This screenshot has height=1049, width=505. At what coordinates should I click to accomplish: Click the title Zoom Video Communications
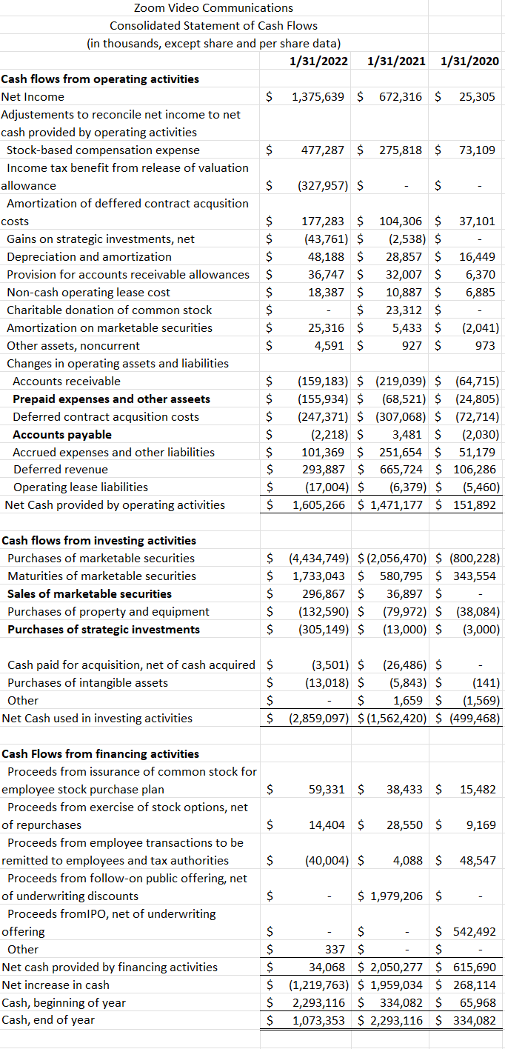pyautogui.click(x=213, y=8)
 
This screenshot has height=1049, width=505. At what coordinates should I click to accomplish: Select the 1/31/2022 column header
pyautogui.click(x=319, y=61)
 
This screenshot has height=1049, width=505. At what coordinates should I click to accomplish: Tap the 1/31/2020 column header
pyautogui.click(x=469, y=61)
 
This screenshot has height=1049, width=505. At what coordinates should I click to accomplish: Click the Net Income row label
pyautogui.click(x=33, y=97)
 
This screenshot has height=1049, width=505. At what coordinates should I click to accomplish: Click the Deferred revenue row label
pyautogui.click(x=60, y=470)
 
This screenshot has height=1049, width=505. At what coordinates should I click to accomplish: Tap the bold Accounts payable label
pyautogui.click(x=62, y=434)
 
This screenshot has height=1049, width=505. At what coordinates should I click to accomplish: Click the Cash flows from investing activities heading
pyautogui.click(x=99, y=541)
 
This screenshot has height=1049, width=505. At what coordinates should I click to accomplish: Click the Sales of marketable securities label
pyautogui.click(x=90, y=594)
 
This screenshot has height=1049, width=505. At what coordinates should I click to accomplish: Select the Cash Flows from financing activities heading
pyautogui.click(x=101, y=754)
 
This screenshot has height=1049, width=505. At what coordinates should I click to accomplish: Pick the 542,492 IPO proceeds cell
pyautogui.click(x=474, y=932)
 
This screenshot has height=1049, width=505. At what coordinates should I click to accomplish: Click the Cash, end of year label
pyautogui.click(x=48, y=1021)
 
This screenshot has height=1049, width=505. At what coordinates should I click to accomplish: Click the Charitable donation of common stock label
pyautogui.click(x=110, y=310)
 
